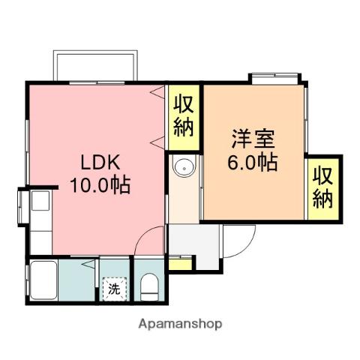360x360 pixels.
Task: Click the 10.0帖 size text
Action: (100, 184)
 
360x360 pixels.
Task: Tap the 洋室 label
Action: (253, 139)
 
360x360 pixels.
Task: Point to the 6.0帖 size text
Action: (253, 162)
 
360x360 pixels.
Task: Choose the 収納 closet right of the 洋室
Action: (322, 187)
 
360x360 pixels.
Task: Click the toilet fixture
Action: (150, 285)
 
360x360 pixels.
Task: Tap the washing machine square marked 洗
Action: (114, 288)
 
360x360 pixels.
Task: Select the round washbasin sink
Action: (183, 168)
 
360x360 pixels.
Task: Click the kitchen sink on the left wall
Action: (38, 202)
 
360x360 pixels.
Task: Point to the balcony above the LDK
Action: (95, 66)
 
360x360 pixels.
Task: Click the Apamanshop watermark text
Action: (180, 324)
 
